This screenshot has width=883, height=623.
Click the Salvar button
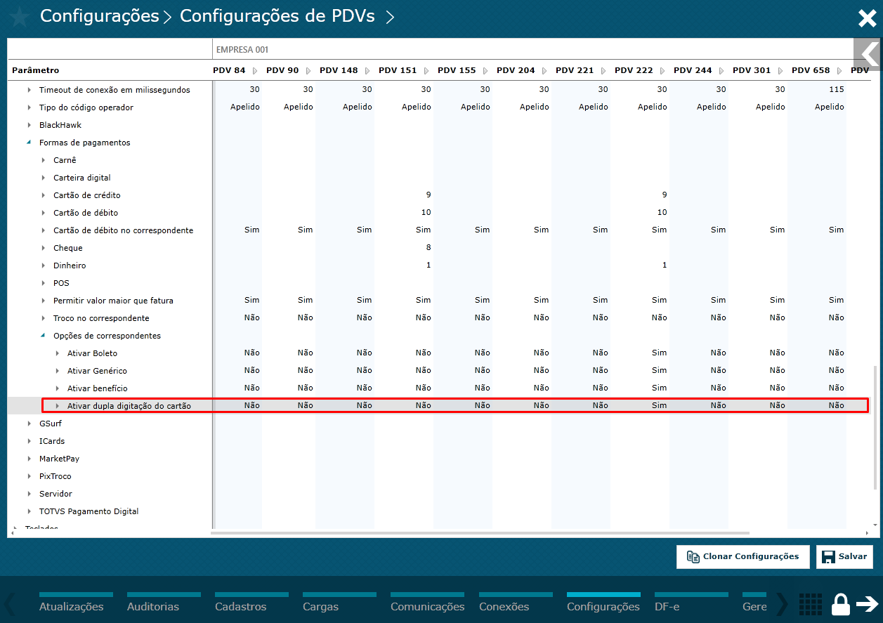tap(844, 556)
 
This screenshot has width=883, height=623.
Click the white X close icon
tap(867, 18)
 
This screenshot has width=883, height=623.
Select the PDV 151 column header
tap(398, 70)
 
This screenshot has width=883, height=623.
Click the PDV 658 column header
tap(811, 70)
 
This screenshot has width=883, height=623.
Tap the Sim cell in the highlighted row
tap(659, 405)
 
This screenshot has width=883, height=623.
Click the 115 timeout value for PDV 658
tap(836, 89)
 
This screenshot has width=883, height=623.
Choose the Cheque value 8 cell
tap(429, 247)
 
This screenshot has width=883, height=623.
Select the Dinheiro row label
tap(70, 265)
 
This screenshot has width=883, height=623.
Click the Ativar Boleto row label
tap(92, 353)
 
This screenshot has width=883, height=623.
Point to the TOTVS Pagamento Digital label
tap(89, 511)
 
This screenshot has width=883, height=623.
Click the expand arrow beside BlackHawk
tap(30, 125)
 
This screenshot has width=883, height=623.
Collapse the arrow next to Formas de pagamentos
tap(29, 143)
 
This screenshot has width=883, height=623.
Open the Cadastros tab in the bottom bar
tap(241, 606)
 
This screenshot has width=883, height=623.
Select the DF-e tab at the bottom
tap(667, 606)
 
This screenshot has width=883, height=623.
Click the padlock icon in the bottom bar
tap(840, 603)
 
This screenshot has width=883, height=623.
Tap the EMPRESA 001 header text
tap(242, 50)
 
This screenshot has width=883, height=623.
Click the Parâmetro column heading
tap(36, 70)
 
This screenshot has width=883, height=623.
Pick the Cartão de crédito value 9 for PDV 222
tap(664, 195)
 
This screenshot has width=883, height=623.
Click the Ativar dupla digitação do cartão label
tap(129, 406)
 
